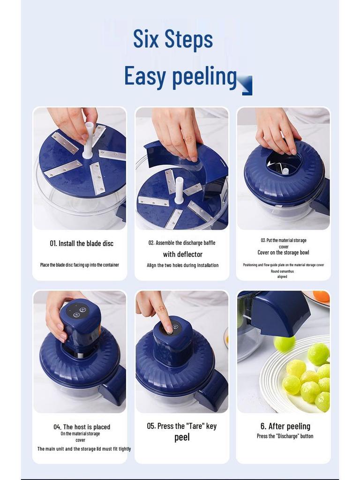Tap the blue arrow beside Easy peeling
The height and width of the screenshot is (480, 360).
click(246, 85)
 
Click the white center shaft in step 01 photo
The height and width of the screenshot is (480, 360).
click(88, 141)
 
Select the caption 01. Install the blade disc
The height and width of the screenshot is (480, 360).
click(82, 243)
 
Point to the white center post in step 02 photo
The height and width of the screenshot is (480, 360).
click(179, 190)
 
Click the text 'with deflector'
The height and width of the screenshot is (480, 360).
click(183, 255)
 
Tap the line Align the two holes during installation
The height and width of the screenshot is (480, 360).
click(182, 265)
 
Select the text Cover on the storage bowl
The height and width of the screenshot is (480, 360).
click(283, 253)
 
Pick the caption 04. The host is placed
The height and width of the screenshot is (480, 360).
click(82, 427)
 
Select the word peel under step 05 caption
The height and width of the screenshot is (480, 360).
click(182, 437)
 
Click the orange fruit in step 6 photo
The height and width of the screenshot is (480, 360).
click(322, 296)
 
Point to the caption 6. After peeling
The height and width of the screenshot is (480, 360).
click(285, 426)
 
